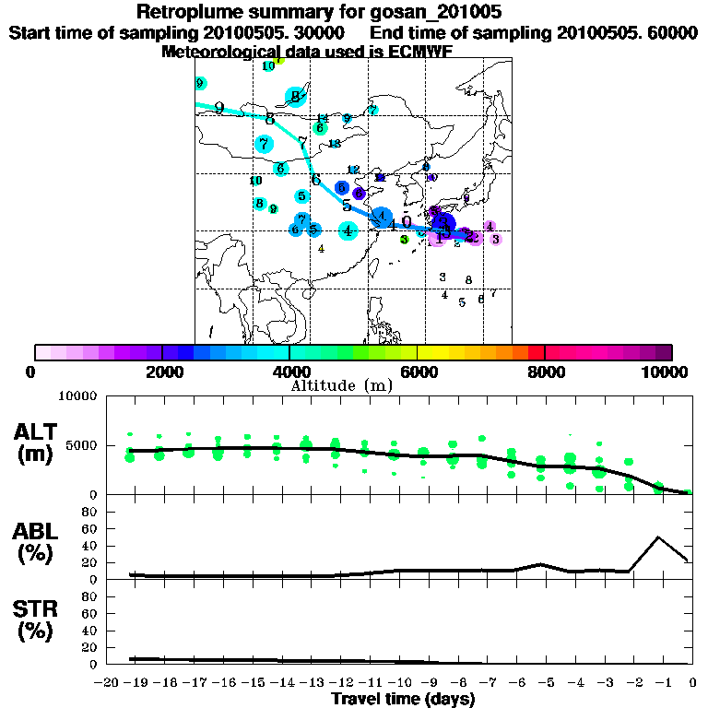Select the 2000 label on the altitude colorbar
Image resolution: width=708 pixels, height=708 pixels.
coord(162,372)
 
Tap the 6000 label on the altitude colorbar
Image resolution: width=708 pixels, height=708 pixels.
coord(418,372)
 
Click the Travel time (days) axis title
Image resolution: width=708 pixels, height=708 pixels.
coord(403,700)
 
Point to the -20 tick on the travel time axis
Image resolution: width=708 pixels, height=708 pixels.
coord(107,682)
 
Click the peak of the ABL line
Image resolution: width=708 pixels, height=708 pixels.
coord(657,537)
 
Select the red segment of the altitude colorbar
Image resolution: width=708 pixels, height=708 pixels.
coord(536,352)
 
